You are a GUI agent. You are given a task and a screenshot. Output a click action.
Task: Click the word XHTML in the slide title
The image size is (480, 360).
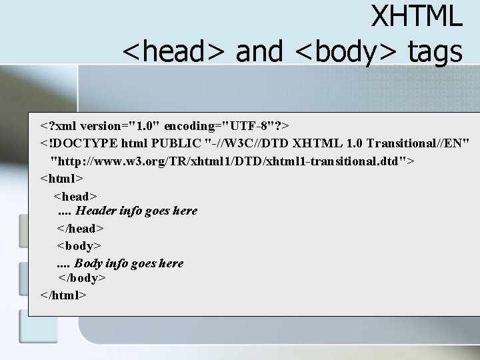416,16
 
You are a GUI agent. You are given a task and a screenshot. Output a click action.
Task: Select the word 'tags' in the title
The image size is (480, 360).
435,51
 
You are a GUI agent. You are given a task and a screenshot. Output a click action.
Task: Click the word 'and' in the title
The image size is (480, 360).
259,51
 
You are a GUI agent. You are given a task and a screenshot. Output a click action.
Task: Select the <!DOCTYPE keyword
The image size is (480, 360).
76,143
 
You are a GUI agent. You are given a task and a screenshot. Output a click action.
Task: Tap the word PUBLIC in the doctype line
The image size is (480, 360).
176,143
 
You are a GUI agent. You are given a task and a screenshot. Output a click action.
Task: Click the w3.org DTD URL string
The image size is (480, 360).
233,161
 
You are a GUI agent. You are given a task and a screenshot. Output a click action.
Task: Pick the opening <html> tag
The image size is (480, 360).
61,178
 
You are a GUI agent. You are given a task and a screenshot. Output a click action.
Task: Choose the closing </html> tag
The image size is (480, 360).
63,295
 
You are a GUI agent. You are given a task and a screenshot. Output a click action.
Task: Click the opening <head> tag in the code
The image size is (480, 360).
75,196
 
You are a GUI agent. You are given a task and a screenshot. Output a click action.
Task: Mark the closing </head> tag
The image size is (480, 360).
80,229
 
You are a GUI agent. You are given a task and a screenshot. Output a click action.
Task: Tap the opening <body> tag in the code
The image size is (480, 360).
79,246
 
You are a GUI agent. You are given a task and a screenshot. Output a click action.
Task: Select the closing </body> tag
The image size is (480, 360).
82,278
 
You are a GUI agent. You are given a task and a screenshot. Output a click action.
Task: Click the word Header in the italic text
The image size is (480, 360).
95,211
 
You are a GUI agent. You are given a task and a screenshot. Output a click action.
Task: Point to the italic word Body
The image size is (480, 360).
88,263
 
